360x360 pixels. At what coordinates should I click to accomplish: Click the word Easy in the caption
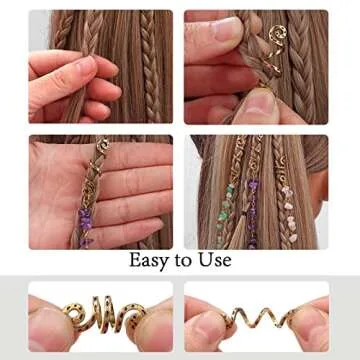tap(151, 261)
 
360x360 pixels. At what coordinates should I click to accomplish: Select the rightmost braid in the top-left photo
tap(160, 70)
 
